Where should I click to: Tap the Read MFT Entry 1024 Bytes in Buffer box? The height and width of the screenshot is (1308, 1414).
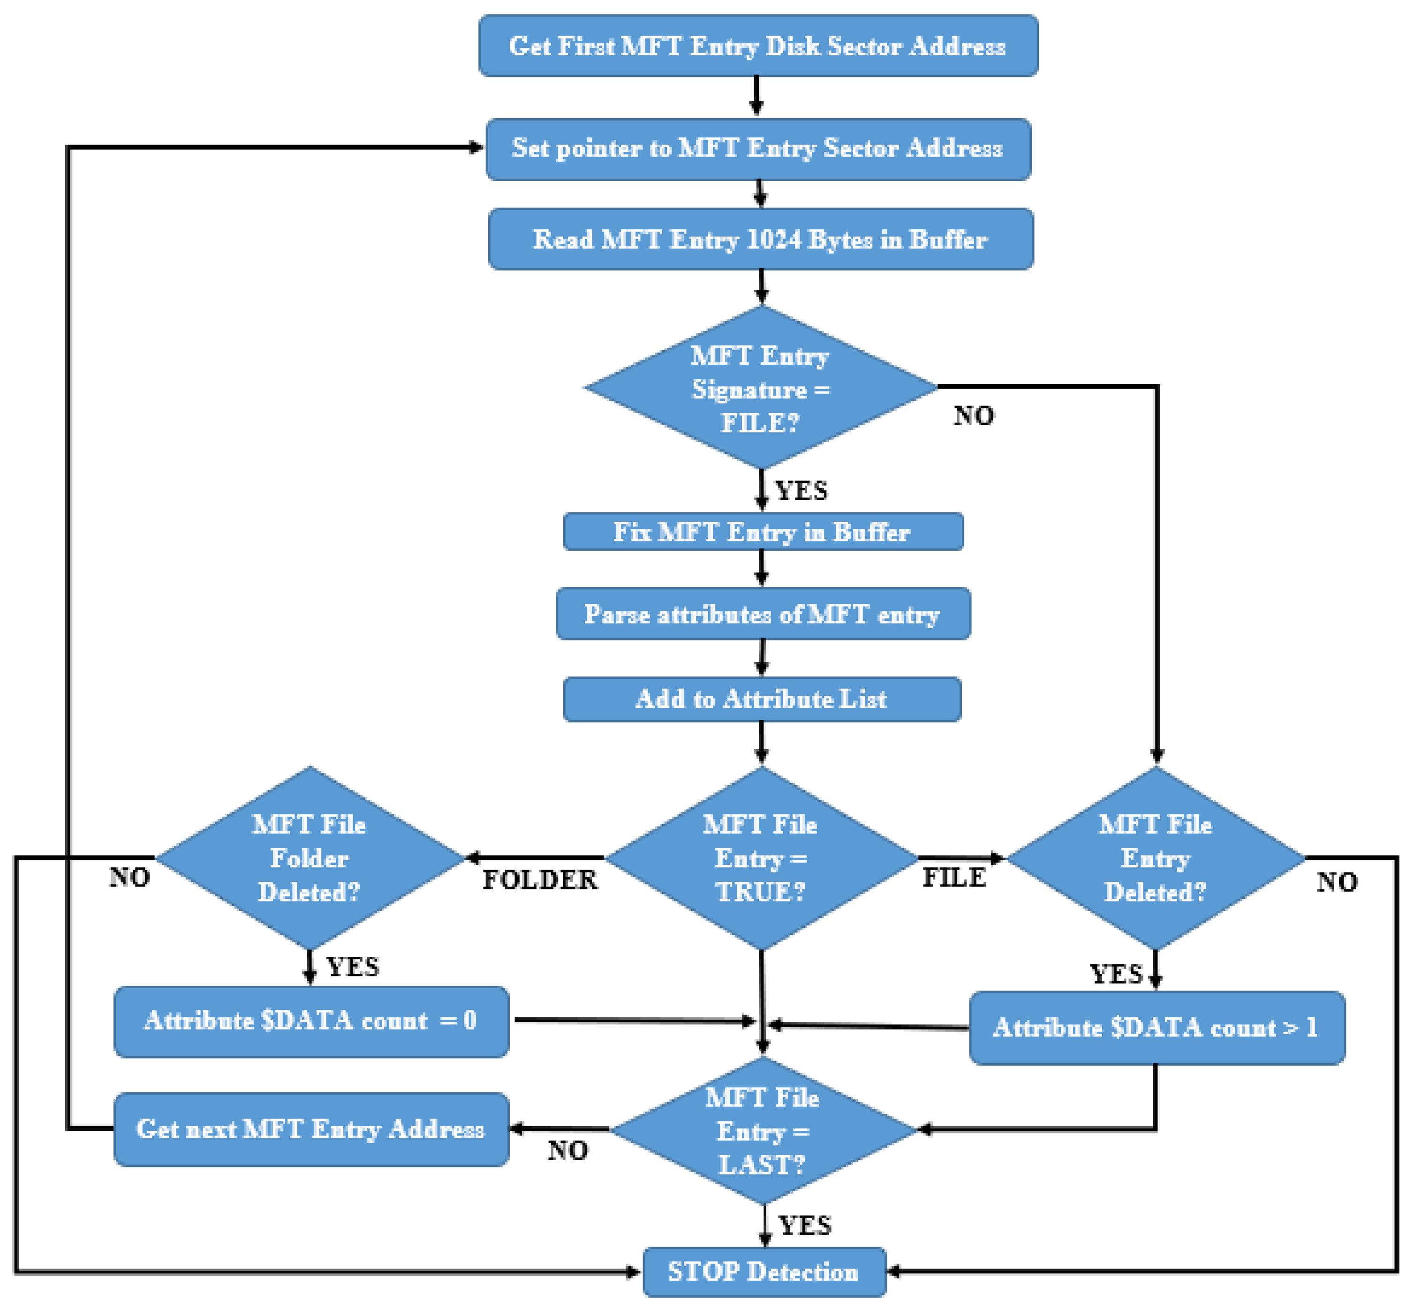(x=760, y=239)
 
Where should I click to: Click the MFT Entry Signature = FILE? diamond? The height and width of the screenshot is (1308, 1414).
(x=760, y=388)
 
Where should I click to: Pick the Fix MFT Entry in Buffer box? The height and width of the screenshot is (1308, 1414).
(x=763, y=532)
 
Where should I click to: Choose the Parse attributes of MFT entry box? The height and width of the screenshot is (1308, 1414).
(x=763, y=614)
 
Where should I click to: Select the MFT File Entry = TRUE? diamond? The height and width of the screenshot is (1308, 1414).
(x=761, y=858)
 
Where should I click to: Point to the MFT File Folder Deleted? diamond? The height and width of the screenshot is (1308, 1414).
(x=310, y=858)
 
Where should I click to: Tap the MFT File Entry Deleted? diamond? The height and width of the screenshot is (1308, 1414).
(x=1156, y=858)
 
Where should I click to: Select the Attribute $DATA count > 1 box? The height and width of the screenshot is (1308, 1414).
(x=1156, y=1028)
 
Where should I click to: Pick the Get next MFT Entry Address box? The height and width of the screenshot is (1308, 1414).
(x=311, y=1129)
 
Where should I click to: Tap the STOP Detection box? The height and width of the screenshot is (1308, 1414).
(x=764, y=1272)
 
